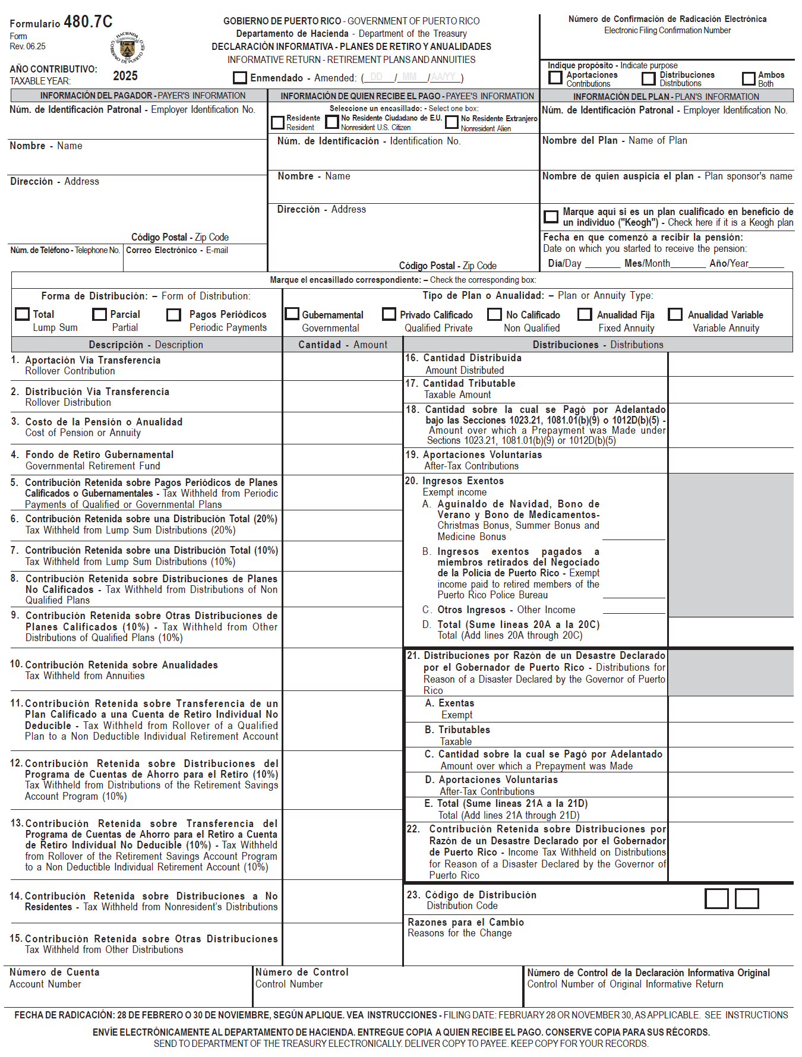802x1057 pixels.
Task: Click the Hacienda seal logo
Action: point(127,48)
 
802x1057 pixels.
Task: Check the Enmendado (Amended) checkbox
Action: point(240,78)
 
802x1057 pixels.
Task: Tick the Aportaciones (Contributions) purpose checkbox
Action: point(555,78)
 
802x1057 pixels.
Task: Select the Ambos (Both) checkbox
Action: point(749,79)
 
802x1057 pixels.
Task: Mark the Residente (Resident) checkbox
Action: point(277,123)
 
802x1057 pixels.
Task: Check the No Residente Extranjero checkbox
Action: point(452,122)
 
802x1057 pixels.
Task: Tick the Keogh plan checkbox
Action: point(551,217)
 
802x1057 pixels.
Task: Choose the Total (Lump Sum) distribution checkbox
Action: point(23,314)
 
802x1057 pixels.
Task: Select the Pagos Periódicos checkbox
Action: point(174,315)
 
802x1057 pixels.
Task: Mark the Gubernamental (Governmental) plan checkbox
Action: point(292,314)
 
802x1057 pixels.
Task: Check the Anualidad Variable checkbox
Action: point(675,314)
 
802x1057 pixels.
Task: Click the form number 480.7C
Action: point(88,23)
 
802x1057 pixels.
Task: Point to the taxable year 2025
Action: point(125,76)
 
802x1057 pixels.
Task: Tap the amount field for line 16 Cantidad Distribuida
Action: point(730,364)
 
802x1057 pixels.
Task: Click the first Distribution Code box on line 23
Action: point(716,899)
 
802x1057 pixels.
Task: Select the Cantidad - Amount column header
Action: point(343,345)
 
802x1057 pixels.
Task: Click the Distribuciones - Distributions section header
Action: point(598,345)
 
